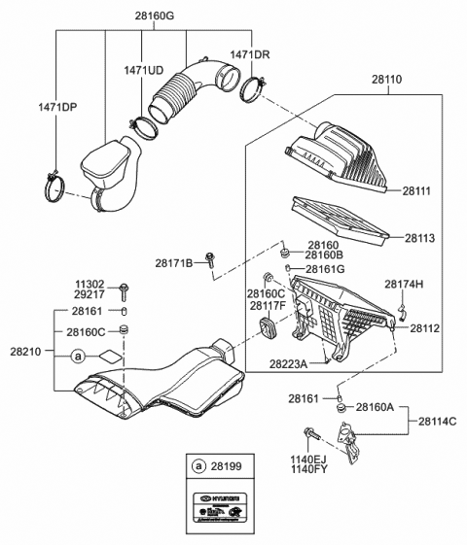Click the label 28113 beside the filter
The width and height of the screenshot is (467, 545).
point(419,236)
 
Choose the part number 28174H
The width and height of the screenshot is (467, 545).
point(404,284)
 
